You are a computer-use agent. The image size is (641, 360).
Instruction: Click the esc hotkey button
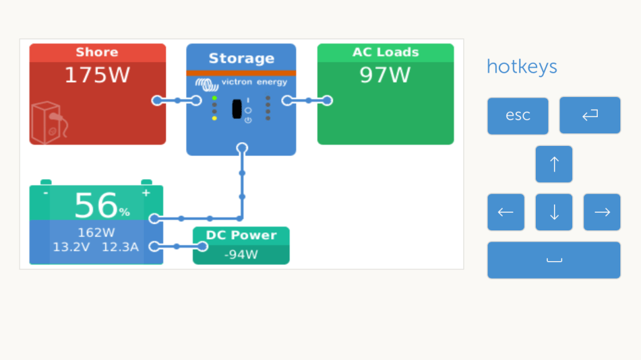pyautogui.click(x=518, y=116)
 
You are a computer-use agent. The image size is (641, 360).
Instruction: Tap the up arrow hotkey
pyautogui.click(x=554, y=164)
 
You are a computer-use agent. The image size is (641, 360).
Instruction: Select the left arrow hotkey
pyautogui.click(x=506, y=212)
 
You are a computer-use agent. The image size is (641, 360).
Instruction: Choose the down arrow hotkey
pyautogui.click(x=554, y=212)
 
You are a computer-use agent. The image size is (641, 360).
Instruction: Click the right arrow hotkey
pyautogui.click(x=602, y=212)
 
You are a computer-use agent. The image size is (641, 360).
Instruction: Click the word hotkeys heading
pyautogui.click(x=521, y=66)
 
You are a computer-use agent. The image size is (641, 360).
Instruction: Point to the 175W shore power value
pyautogui.click(x=97, y=75)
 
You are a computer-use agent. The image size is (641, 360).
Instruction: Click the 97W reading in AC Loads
pyautogui.click(x=385, y=75)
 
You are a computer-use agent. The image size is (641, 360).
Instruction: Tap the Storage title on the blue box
pyautogui.click(x=241, y=59)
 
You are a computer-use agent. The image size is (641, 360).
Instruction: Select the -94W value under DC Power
pyautogui.click(x=241, y=255)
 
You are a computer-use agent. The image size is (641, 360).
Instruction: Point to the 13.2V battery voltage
pyautogui.click(x=71, y=247)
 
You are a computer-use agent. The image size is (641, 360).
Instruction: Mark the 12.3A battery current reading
pyautogui.click(x=120, y=247)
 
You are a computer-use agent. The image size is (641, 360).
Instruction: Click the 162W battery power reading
pyautogui.click(x=96, y=233)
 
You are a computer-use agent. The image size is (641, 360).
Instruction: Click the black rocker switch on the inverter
pyautogui.click(x=237, y=109)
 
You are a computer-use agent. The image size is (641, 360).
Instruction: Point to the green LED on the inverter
pyautogui.click(x=215, y=98)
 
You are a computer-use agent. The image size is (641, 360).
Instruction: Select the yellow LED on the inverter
pyautogui.click(x=215, y=118)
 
